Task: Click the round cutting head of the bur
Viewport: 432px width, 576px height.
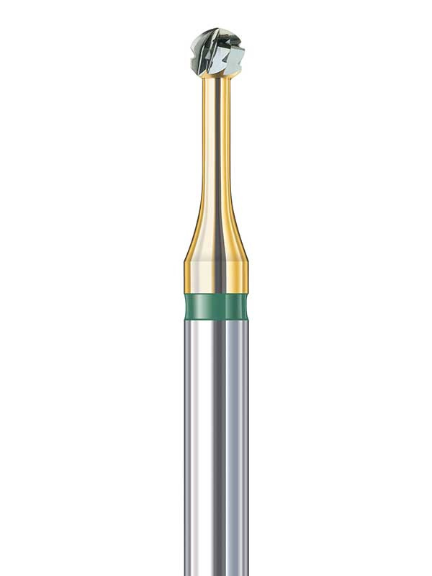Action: tap(217, 52)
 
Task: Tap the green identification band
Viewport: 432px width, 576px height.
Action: tap(216, 306)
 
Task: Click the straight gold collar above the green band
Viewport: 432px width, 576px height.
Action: tap(216, 277)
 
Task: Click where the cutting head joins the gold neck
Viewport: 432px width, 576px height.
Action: tap(217, 77)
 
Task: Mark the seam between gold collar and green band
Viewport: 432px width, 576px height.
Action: tap(216, 294)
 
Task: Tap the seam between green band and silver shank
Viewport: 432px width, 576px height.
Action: tap(216, 319)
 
